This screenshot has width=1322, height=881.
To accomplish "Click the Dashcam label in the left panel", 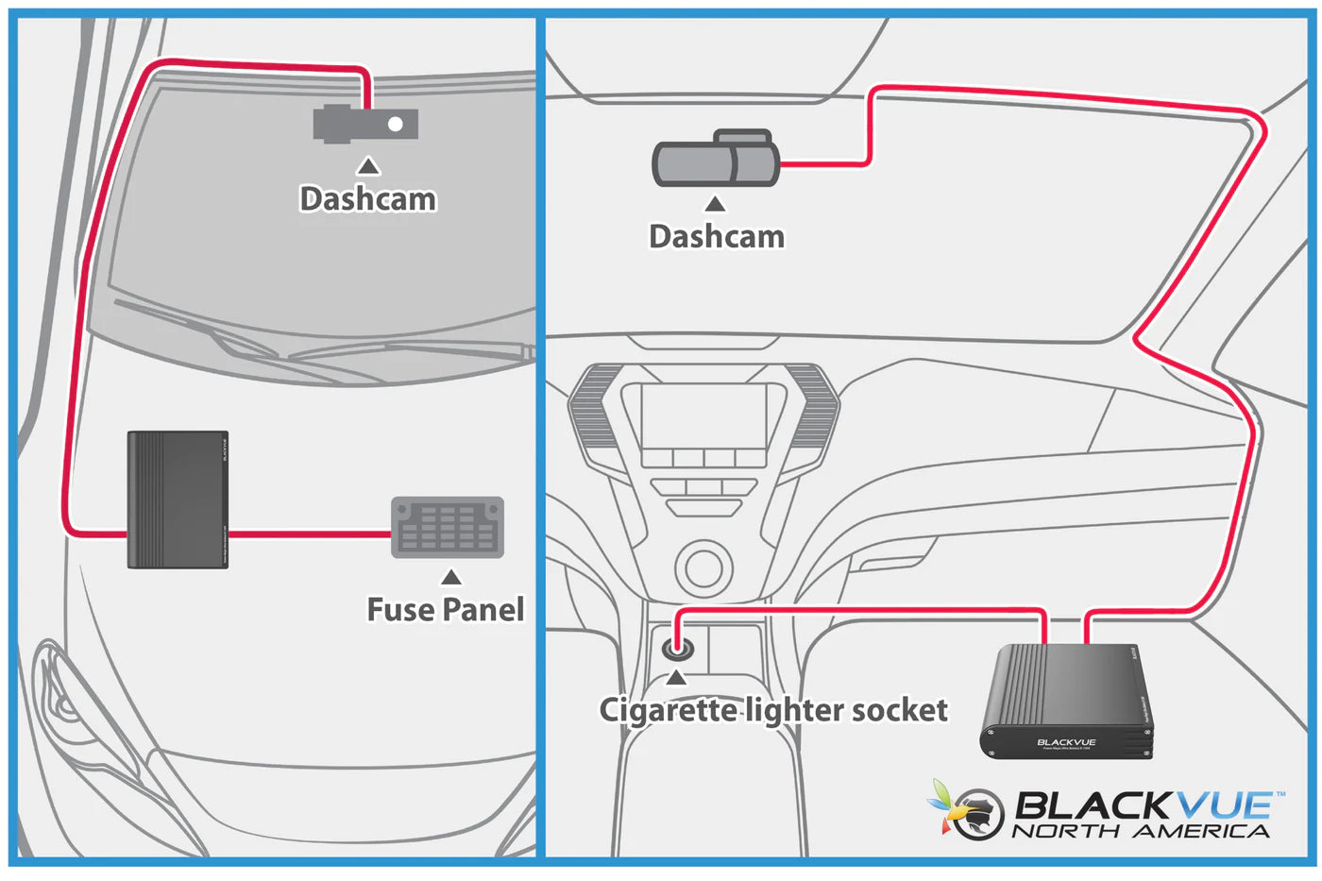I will [x=368, y=199].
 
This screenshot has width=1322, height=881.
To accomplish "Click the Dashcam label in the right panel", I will [x=717, y=236].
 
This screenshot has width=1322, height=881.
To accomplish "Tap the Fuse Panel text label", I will [x=446, y=610].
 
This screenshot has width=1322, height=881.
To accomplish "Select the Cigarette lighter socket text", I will [x=773, y=710].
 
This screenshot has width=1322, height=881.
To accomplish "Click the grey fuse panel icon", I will [x=448, y=528].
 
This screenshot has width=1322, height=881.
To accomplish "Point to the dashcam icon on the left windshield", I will [x=366, y=124].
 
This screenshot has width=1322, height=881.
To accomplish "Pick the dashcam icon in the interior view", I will [x=716, y=160].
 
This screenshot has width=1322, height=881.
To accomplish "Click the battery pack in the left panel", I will [x=178, y=500].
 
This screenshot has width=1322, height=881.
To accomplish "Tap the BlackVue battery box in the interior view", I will [x=1067, y=702].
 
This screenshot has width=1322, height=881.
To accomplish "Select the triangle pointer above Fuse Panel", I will [x=451, y=577].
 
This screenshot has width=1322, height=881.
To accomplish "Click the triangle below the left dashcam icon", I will [x=368, y=166].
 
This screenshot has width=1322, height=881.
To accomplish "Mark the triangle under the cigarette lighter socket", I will [x=676, y=678].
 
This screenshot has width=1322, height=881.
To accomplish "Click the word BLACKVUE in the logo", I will [x=1143, y=805].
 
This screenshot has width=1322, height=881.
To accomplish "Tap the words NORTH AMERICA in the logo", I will [x=1141, y=832].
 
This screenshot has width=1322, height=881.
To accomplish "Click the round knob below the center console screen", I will [x=703, y=568].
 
